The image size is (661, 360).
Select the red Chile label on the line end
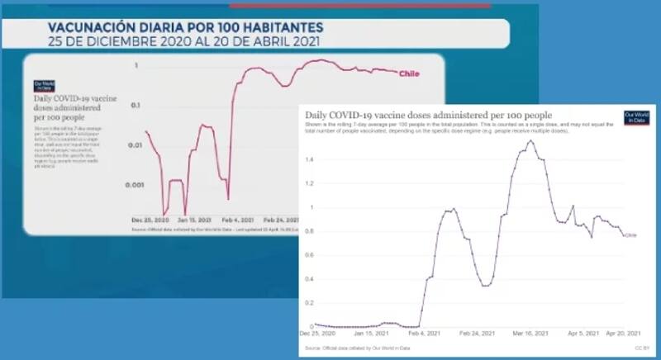pyautogui.click(x=410, y=74)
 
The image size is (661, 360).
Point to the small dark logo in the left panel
pyautogui.click(x=43, y=85)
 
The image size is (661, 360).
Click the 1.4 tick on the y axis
pyautogui.click(x=308, y=159)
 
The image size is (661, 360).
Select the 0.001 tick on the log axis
pyautogui.click(x=134, y=186)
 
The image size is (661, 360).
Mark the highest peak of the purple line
pyautogui.click(x=530, y=140)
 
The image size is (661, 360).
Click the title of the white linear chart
pyautogui.click(x=428, y=115)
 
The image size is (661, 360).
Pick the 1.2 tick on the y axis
pyautogui.click(x=308, y=183)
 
